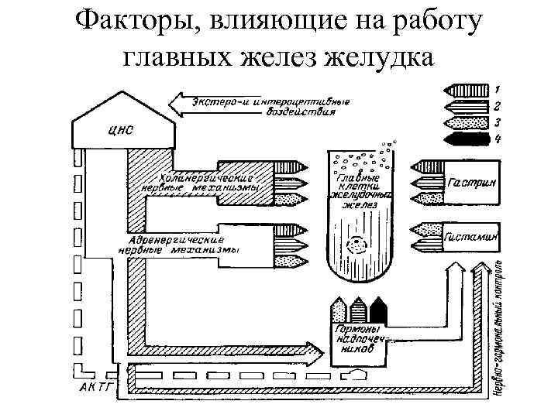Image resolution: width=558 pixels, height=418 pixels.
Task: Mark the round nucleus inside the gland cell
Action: click(358, 242)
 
